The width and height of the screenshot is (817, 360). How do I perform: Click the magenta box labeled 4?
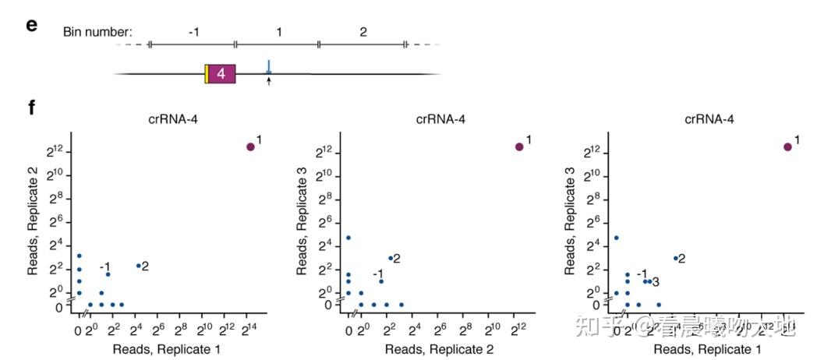coord(221,73)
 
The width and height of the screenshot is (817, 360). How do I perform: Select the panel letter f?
coord(31,106)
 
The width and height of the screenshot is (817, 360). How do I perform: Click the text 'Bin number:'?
coord(97,33)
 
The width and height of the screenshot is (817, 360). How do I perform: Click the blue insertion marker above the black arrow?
coord(269,67)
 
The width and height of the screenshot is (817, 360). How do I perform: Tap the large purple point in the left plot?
coord(251,146)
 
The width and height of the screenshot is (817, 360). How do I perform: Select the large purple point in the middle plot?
coord(519,146)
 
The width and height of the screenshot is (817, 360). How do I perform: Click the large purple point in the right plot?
coord(787,146)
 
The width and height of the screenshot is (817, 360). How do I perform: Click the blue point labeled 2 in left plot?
coord(139,266)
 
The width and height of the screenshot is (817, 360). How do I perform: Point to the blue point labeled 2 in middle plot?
coord(391,258)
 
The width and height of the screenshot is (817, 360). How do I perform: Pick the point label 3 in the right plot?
coord(656,281)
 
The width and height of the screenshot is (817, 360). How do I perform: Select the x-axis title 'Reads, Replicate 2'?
coord(439,350)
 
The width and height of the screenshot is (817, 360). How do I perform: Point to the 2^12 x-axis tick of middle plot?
coord(516,329)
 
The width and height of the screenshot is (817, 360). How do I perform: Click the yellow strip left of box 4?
coord(207,73)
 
